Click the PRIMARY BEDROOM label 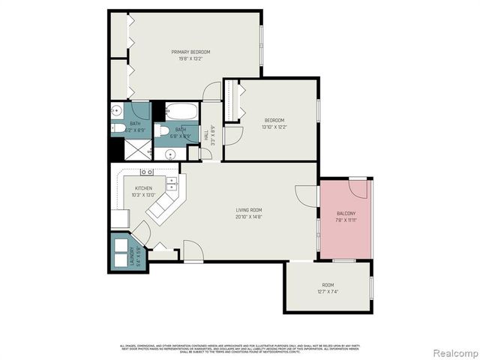(x=190, y=52)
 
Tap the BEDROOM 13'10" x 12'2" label (x=274, y=120)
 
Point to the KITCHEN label (x=143, y=188)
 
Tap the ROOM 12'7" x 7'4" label (x=328, y=285)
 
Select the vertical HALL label (x=206, y=135)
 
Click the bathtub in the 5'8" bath (x=181, y=112)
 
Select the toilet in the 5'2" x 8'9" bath (x=118, y=128)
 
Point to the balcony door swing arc (x=358, y=187)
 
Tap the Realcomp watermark (x=452, y=352)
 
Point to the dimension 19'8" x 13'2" (x=190, y=59)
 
